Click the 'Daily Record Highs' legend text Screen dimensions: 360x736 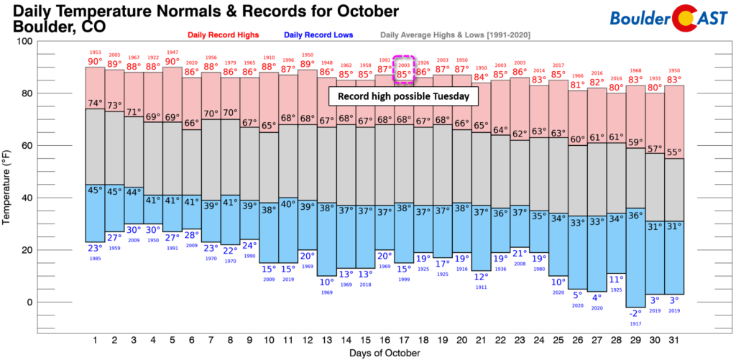point(229,34)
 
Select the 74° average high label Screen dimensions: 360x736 point(94,103)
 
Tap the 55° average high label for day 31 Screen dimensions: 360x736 point(673,153)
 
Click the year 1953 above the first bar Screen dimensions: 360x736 point(94,52)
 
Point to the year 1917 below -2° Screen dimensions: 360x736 point(615,323)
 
